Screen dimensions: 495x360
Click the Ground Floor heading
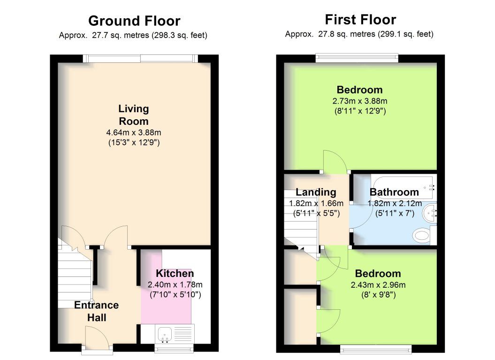[134, 21]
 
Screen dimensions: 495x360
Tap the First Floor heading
[360, 20]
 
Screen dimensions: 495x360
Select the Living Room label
[134, 115]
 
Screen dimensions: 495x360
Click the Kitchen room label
[175, 274]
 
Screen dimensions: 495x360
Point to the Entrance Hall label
[97, 311]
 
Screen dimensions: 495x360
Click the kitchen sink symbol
[165, 335]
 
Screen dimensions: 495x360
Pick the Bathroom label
[394, 192]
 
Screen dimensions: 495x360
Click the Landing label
[316, 192]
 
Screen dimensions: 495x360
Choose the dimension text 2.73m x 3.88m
[360, 101]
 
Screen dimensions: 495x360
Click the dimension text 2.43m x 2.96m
[378, 285]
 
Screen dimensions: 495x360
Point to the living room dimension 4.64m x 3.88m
[134, 132]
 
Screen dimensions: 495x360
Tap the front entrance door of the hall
[97, 337]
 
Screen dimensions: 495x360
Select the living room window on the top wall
[140, 58]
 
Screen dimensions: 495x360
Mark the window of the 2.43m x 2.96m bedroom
[376, 349]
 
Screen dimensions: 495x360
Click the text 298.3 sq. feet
[179, 35]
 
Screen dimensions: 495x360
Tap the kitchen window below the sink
[174, 348]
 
